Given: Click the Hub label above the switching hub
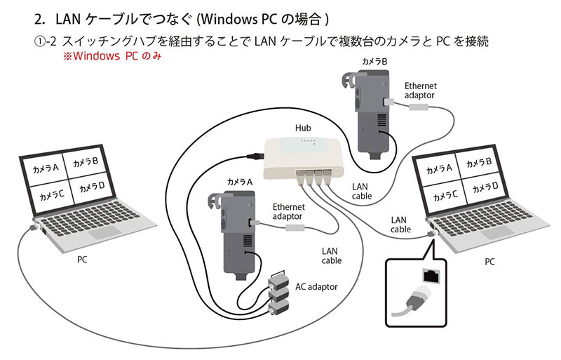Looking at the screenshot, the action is coord(303,128).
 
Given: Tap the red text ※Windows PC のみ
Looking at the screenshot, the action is coord(112,56).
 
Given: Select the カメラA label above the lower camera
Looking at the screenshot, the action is coord(240,182).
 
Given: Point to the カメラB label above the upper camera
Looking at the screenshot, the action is coord(374,62).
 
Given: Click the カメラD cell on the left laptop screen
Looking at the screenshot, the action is coord(92,187).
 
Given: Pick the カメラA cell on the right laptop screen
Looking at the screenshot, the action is coord(439,169).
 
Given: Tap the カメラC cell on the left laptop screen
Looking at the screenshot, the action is coord(51,195).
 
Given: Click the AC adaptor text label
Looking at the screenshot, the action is coord(316,287).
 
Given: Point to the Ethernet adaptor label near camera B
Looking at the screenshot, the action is coord(420,91).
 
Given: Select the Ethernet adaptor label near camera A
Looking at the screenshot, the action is coord(288,212).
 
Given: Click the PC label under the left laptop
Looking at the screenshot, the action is coord(82,260).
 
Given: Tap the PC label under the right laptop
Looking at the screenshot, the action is coord(489,262).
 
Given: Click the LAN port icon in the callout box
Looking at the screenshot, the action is coord(431,276).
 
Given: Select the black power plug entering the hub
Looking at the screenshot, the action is coord(255,156).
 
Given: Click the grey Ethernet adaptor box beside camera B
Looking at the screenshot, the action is coord(418,107).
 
